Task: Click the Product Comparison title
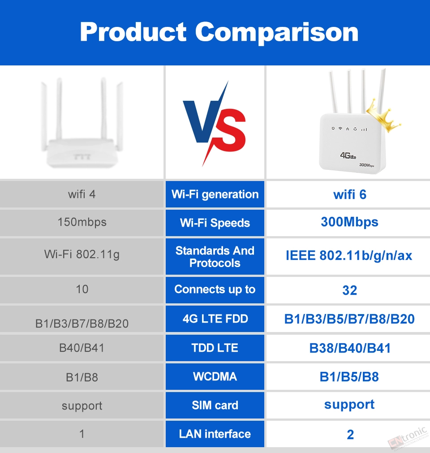(219, 32)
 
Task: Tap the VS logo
(214, 124)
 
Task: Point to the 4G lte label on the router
(348, 155)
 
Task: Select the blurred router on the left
(82, 122)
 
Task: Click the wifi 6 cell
(350, 194)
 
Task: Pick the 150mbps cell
(82, 222)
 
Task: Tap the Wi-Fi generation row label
(215, 194)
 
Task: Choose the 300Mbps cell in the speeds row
(349, 222)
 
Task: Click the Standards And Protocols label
(215, 257)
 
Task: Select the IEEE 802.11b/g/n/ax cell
(349, 256)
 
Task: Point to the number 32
(350, 290)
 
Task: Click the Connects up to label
(215, 289)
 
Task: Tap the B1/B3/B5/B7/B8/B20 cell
(349, 319)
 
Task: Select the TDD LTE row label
(215, 348)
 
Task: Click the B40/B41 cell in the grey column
(82, 348)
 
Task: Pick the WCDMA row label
(215, 376)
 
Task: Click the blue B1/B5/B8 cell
(349, 377)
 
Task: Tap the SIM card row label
(215, 405)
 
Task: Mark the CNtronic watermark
(408, 438)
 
